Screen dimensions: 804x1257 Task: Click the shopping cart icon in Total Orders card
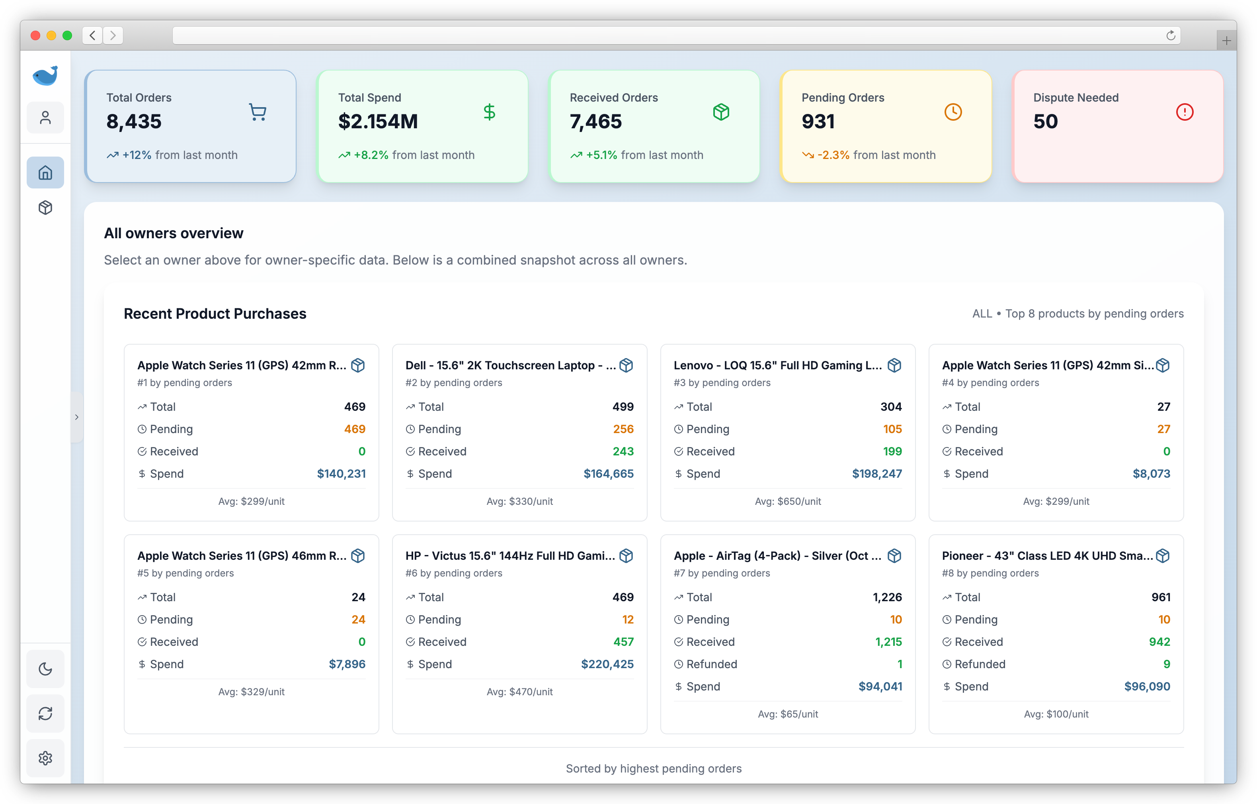point(258,112)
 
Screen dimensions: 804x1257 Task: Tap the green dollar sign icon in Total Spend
point(489,112)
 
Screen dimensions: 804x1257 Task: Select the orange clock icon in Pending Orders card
point(953,112)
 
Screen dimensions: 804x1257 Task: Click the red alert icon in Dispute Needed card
point(1185,112)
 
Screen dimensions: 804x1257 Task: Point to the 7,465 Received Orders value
point(595,122)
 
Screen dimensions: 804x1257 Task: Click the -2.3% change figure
point(833,155)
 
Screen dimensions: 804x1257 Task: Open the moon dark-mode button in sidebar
point(45,669)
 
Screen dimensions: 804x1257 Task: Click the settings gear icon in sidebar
point(45,758)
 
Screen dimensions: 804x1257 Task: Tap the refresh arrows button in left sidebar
point(45,714)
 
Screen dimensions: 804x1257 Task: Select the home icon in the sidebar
point(45,173)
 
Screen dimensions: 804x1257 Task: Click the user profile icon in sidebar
point(45,118)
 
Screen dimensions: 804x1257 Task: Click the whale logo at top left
point(45,76)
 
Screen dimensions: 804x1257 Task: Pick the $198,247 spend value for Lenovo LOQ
point(876,474)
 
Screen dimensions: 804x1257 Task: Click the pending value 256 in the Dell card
point(623,429)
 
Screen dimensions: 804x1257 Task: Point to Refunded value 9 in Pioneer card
point(1166,664)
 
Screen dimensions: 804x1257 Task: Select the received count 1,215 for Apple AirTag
point(888,641)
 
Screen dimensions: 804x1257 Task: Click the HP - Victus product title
point(509,556)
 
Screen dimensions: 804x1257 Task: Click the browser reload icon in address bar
point(1170,35)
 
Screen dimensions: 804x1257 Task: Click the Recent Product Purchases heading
point(215,314)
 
